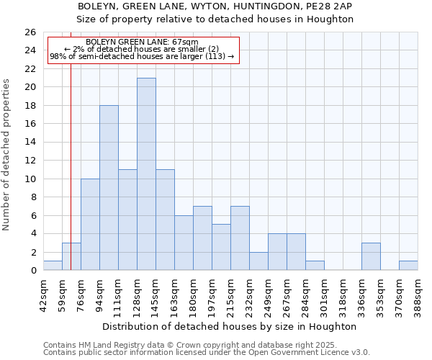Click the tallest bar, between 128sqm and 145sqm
[x=146, y=174]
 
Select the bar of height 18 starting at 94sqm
[x=109, y=188]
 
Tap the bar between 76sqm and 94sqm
[x=90, y=225]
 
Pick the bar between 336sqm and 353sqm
[x=371, y=257]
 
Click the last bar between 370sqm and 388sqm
[x=408, y=266]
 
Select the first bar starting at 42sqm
[x=53, y=266]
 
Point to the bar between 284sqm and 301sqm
[x=315, y=266]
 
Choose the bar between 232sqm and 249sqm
[x=258, y=261]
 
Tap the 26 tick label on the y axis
[x=30, y=32]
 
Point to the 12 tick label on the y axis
[x=30, y=161]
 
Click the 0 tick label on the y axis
[x=32, y=271]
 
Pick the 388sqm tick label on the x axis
[x=418, y=294]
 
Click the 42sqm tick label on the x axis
[x=43, y=294]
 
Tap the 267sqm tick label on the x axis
[x=287, y=294]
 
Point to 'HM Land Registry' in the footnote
[x=104, y=345]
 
